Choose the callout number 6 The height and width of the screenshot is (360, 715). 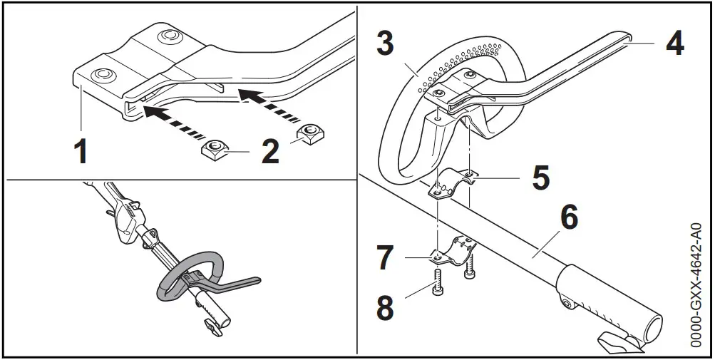pyautogui.click(x=568, y=218)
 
